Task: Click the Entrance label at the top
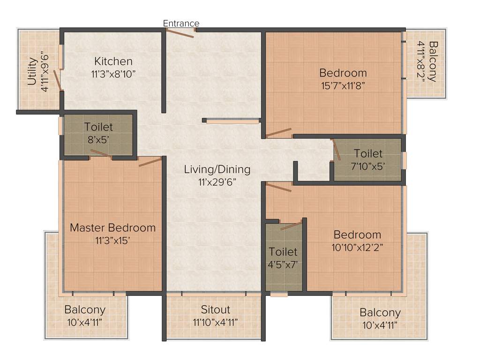coord(181,23)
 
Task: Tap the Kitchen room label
coord(113,61)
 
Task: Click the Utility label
coord(32,71)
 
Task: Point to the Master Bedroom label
coord(112,228)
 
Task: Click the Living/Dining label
coord(217,169)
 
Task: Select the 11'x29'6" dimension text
coord(217,181)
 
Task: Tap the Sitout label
coord(216,310)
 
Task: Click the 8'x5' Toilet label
coord(98,127)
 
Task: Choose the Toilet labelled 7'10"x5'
coord(368,153)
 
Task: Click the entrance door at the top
coord(181,33)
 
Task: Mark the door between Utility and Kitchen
coord(58,80)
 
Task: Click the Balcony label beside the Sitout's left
coord(85,310)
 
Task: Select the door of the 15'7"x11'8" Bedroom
coord(279,133)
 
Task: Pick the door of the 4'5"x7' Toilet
coord(291,225)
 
